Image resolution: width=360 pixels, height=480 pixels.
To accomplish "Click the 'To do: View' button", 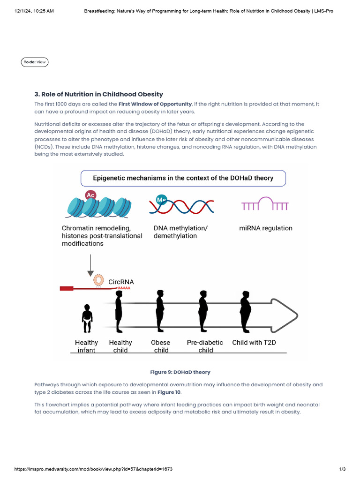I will (x=35, y=62).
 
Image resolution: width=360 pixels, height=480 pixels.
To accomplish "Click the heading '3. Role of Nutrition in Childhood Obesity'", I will (x=98, y=94).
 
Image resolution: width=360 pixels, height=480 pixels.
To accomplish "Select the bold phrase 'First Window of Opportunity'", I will (x=155, y=104).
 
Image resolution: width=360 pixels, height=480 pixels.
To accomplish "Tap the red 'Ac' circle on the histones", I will (x=90, y=195).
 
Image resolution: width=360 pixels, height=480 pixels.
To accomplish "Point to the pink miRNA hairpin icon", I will (x=265, y=204).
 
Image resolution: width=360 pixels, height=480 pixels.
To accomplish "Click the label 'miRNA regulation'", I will (x=265, y=228).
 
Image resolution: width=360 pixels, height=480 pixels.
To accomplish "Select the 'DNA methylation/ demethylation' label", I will (x=180, y=232).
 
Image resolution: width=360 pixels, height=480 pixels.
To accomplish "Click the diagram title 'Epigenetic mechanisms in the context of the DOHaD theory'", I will (x=183, y=178).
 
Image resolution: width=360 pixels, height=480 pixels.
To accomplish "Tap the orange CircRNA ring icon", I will (x=98, y=280).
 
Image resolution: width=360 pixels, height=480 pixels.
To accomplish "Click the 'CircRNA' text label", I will (x=121, y=282).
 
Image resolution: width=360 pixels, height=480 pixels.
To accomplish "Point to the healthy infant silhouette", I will (x=87, y=318).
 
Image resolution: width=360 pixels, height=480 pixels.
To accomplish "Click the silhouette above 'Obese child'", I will (x=160, y=311).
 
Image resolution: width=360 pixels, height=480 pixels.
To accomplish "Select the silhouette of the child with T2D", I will (x=245, y=311).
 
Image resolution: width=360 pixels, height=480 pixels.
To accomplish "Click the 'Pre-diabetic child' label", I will (x=205, y=346).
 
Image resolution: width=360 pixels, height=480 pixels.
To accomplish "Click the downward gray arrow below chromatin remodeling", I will (x=91, y=266).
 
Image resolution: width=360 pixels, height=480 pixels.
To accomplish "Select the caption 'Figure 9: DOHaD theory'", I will (x=180, y=372).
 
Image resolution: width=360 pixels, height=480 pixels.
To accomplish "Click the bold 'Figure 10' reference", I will (x=169, y=392).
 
